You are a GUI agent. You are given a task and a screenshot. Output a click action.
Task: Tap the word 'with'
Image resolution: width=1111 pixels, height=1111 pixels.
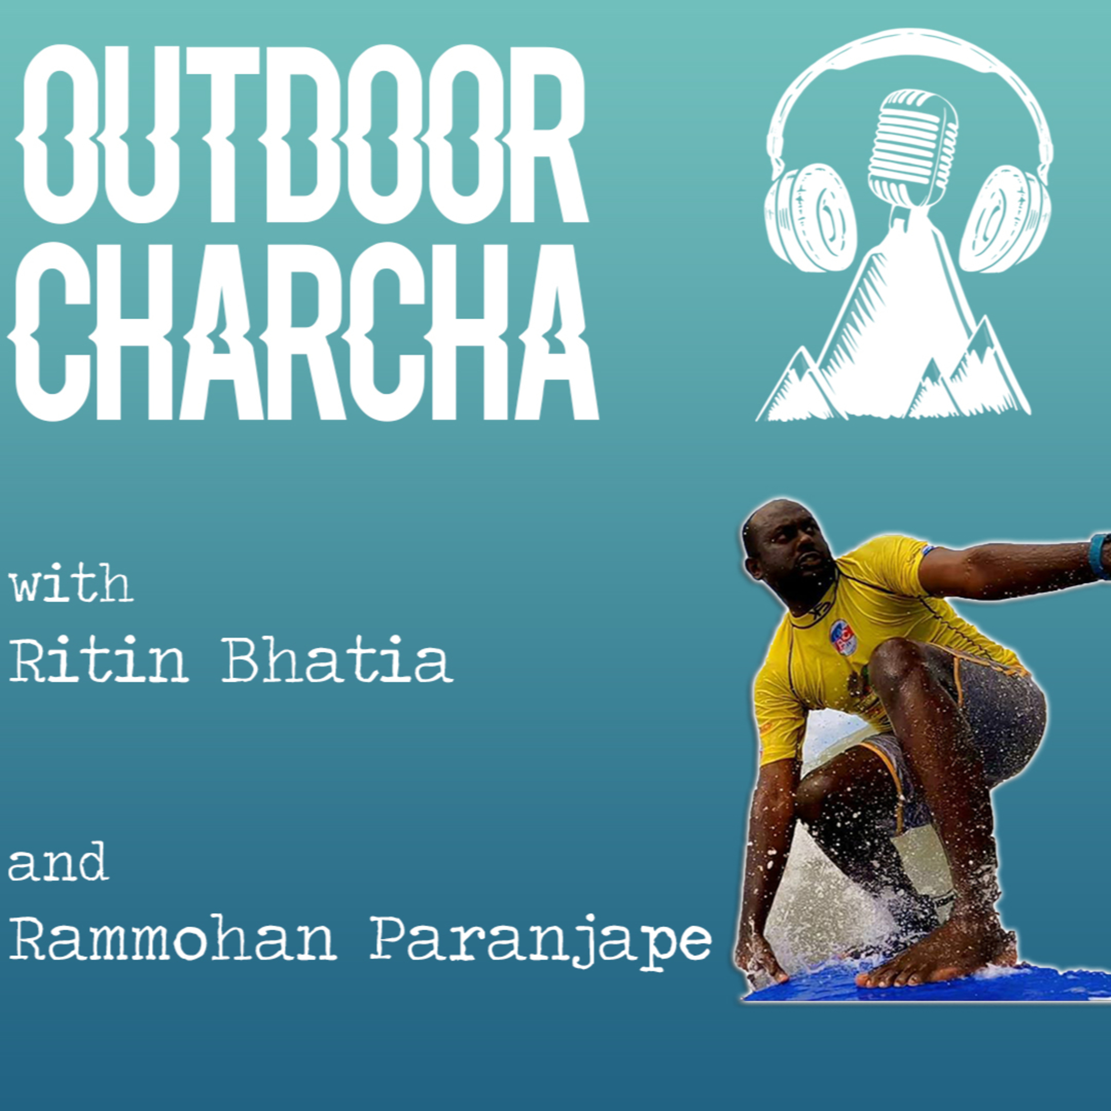pyautogui.click(x=72, y=584)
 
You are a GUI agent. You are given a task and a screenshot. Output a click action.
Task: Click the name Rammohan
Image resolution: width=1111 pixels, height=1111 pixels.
pyautogui.click(x=173, y=938)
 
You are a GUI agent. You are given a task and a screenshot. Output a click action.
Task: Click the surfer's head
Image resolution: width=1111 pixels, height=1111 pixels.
pyautogui.click(x=788, y=552)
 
